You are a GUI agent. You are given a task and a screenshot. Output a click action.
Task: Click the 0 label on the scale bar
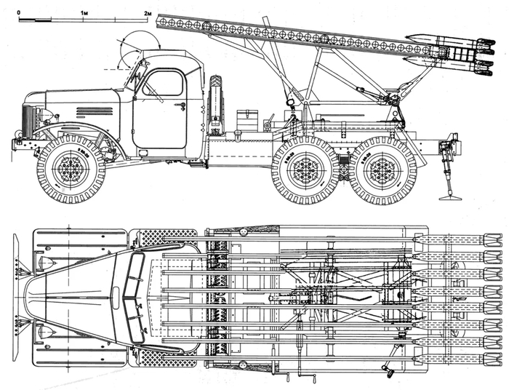(x=19, y=12)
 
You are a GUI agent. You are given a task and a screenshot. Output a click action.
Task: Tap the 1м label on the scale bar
(x=84, y=13)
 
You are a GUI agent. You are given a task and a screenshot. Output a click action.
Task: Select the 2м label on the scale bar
(x=148, y=13)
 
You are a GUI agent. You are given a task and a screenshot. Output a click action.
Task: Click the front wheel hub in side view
(x=71, y=169)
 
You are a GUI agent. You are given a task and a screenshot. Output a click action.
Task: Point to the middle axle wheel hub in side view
(x=305, y=170)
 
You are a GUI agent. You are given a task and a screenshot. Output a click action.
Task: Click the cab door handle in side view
(x=181, y=106)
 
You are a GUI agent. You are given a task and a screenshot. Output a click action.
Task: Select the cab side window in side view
(x=163, y=83)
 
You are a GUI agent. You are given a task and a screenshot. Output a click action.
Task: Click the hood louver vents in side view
(x=95, y=111)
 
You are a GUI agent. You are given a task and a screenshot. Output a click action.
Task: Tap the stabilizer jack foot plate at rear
(x=450, y=197)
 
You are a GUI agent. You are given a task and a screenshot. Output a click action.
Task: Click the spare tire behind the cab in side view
(x=215, y=104)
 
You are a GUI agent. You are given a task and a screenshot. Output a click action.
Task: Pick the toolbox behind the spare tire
(x=247, y=121)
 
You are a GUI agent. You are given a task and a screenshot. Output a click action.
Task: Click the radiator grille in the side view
(x=28, y=121)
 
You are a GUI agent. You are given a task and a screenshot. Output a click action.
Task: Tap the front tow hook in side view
(x=17, y=133)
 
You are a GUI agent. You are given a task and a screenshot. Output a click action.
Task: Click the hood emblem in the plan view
(x=116, y=298)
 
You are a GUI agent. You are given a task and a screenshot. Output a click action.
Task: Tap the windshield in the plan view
(x=133, y=298)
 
